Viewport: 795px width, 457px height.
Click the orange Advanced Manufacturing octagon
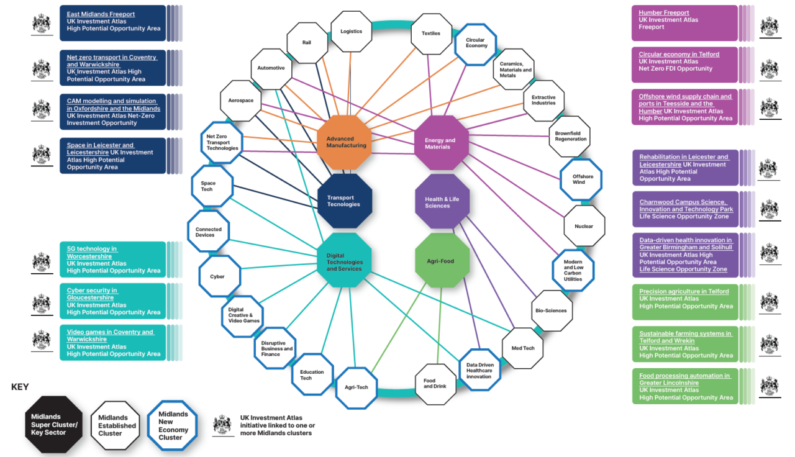344,142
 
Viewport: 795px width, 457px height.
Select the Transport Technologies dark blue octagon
345,201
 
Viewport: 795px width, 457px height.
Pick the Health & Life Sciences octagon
442,202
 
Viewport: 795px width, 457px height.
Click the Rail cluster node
307,43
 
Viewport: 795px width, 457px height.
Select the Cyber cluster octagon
219,276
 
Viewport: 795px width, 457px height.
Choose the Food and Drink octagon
435,384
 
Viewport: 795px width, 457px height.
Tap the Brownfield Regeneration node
570,136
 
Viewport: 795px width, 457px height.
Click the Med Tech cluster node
522,348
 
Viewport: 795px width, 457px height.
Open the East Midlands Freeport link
101,14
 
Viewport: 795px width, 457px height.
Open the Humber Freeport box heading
663,13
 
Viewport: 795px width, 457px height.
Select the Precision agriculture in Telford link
683,291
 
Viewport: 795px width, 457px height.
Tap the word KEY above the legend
20,387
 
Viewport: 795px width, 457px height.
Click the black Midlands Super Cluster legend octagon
53,425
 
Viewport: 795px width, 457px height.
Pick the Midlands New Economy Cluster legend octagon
172,425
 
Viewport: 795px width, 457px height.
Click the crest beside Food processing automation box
769,386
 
